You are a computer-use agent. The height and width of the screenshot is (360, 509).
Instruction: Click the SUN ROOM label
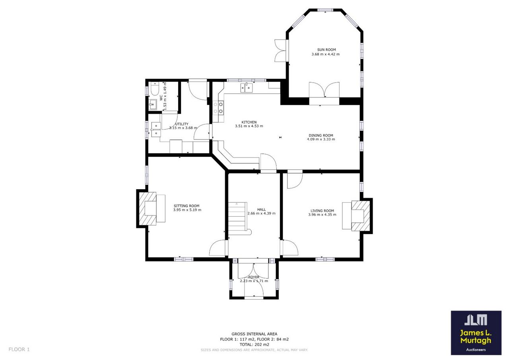pyautogui.click(x=326, y=50)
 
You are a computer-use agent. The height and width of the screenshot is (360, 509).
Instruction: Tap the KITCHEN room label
pyautogui.click(x=249, y=122)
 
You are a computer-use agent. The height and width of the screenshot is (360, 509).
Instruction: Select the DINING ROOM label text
pyautogui.click(x=321, y=135)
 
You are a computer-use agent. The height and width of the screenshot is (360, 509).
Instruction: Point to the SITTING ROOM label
pyautogui.click(x=187, y=206)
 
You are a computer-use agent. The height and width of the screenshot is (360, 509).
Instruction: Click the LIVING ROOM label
pyautogui.click(x=322, y=211)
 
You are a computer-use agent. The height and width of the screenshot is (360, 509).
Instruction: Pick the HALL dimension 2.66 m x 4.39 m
pyautogui.click(x=261, y=213)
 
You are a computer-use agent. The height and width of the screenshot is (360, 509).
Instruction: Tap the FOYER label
pyautogui.click(x=254, y=277)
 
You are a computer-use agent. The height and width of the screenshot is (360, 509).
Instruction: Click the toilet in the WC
pyautogui.click(x=155, y=89)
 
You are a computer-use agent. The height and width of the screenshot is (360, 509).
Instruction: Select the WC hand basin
pyautogui.click(x=152, y=105)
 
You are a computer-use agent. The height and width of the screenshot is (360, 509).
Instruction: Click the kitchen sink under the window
pyautogui.click(x=247, y=88)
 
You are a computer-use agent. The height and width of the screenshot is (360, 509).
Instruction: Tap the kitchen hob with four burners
pyautogui.click(x=218, y=108)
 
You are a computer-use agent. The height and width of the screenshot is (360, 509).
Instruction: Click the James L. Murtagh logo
pyautogui.click(x=476, y=333)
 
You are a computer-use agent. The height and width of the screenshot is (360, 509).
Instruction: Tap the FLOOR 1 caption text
pyautogui.click(x=19, y=349)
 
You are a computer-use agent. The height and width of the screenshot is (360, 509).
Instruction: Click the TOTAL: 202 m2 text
pyautogui.click(x=254, y=345)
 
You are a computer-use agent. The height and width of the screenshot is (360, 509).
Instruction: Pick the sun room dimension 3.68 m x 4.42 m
pyautogui.click(x=325, y=54)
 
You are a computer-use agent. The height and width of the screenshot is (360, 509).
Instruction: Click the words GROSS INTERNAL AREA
pyautogui.click(x=254, y=334)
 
